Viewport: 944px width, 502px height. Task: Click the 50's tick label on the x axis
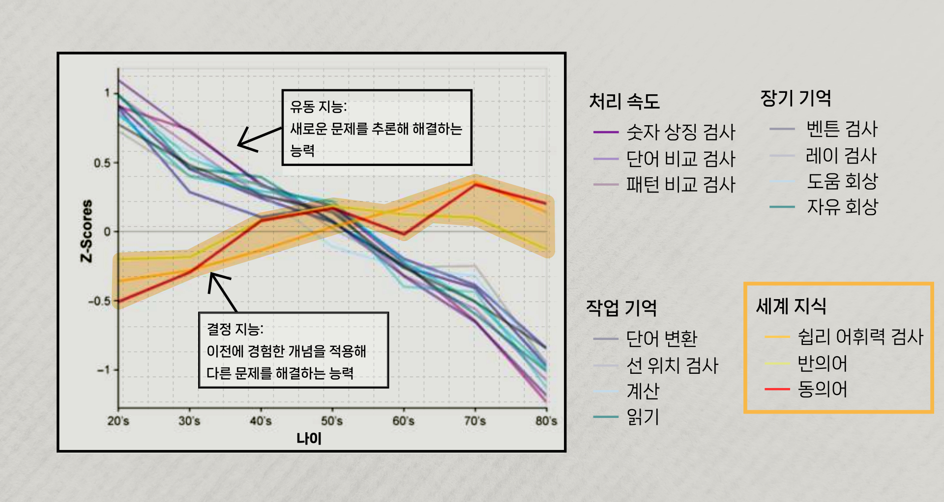[x=332, y=421]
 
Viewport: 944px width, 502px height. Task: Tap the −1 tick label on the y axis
[x=103, y=370]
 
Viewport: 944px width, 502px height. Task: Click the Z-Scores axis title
[x=87, y=231]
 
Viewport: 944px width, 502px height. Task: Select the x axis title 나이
[x=309, y=438]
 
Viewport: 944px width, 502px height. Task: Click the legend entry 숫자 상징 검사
[x=680, y=132]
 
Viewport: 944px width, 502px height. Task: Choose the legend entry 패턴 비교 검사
[x=680, y=185]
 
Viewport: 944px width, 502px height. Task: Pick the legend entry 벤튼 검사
[x=842, y=129]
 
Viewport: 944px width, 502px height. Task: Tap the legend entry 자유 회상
[x=842, y=207]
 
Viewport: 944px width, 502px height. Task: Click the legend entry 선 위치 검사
[x=672, y=365]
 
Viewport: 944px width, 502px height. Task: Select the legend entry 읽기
[x=642, y=417]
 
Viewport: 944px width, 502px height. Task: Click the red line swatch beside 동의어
[x=777, y=389]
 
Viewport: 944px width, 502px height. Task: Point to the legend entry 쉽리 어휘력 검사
[x=860, y=337]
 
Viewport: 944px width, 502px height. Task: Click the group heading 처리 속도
[x=624, y=102]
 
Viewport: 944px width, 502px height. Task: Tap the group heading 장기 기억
[x=796, y=98]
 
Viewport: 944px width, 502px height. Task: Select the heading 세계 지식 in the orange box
[x=791, y=307]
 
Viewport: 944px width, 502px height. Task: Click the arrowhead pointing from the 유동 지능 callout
[x=239, y=144]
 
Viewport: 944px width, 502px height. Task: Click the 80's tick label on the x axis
[x=546, y=421]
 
